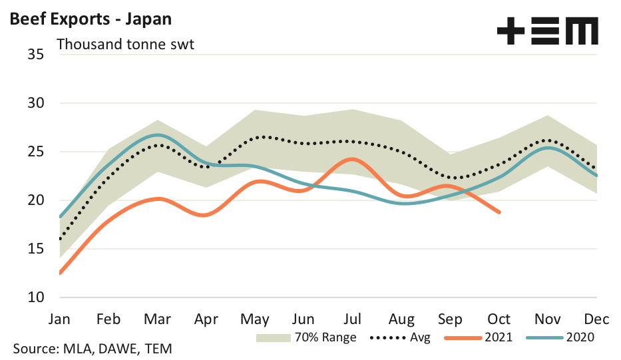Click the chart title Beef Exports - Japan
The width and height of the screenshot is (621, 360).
[x=91, y=18]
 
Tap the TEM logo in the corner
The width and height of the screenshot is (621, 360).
[x=547, y=31]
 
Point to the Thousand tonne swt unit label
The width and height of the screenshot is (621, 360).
[x=125, y=45]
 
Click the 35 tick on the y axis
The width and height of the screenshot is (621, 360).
[x=35, y=55]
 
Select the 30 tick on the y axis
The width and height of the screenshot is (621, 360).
[x=35, y=103]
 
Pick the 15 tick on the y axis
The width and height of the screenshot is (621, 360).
[x=35, y=249]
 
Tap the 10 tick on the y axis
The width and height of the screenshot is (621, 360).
[x=35, y=297]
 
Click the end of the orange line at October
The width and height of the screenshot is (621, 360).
[x=499, y=212]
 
